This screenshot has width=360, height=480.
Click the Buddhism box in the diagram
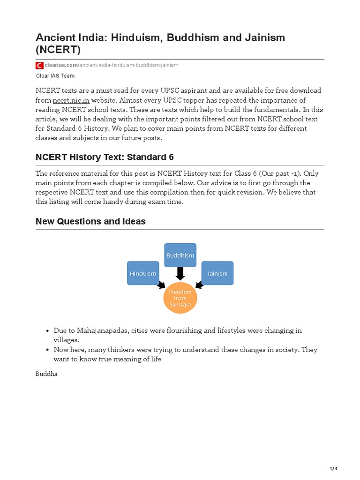pos(180,255)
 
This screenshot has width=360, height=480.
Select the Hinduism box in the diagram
pos(143,273)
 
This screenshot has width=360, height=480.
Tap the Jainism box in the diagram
pos(217,273)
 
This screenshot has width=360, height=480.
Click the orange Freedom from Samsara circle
pos(180,298)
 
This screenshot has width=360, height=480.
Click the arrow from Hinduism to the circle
pos(161,285)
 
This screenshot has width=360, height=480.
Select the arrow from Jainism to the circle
pos(199,285)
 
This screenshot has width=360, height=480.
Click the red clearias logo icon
pos(39,65)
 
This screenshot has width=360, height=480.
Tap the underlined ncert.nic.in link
pos(71,100)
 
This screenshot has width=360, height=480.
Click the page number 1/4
pos(333,469)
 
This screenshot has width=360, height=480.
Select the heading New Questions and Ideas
pos(90,221)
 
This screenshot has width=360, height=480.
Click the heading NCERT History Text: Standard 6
pos(105,157)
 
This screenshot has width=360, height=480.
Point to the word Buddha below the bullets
pos(46,375)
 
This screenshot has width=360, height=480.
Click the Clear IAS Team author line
pos(55,75)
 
